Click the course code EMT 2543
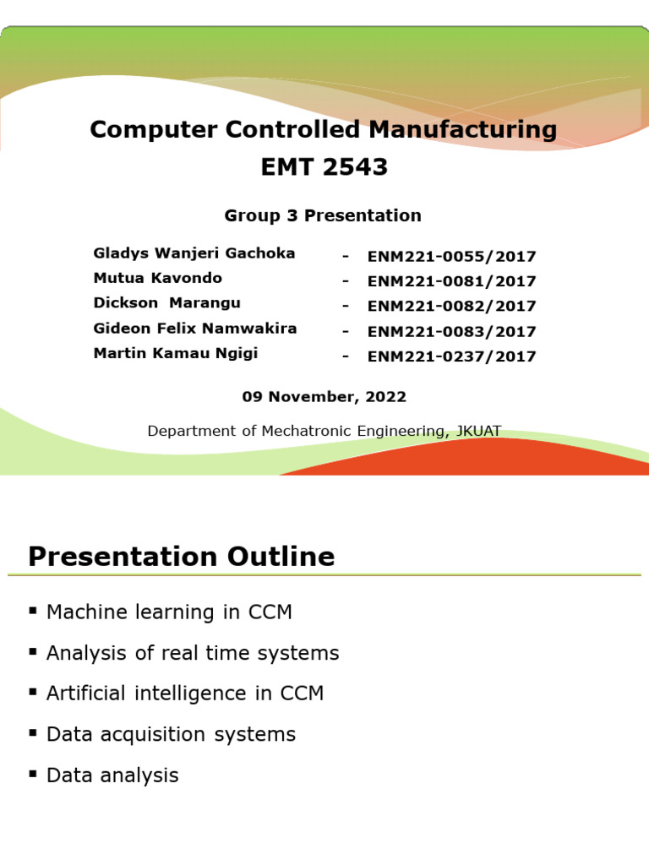[324, 167]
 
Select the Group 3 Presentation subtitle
[323, 215]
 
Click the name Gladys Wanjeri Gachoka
[194, 253]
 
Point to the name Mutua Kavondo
[158, 278]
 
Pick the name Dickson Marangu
[167, 302]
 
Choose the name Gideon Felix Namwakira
[195, 328]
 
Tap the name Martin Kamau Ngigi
[176, 353]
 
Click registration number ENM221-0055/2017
[451, 257]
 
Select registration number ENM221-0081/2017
[451, 281]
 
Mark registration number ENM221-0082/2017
[451, 306]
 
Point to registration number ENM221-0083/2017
[451, 331]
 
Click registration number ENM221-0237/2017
[451, 356]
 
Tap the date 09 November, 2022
[324, 396]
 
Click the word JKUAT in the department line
[478, 431]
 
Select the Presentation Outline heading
[182, 557]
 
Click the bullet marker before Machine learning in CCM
[33, 610]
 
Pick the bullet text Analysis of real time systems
[193, 653]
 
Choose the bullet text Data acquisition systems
[171, 734]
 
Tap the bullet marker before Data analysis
[33, 773]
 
